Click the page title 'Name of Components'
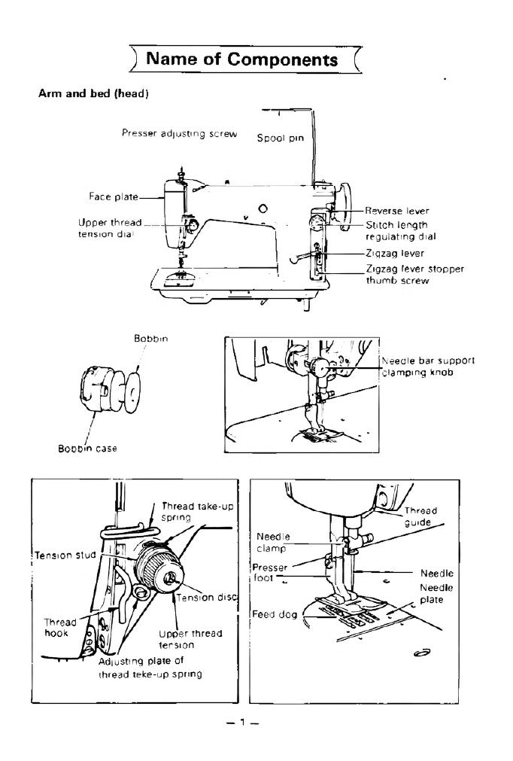(x=242, y=59)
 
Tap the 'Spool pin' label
(x=280, y=138)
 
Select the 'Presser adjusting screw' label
(x=179, y=133)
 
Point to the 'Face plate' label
(x=114, y=196)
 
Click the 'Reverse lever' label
(x=396, y=211)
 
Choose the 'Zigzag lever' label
(x=395, y=254)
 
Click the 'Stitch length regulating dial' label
(x=396, y=230)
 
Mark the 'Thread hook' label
(x=59, y=628)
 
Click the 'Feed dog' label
(x=274, y=613)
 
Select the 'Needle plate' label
(x=431, y=593)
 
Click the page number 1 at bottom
(x=242, y=723)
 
